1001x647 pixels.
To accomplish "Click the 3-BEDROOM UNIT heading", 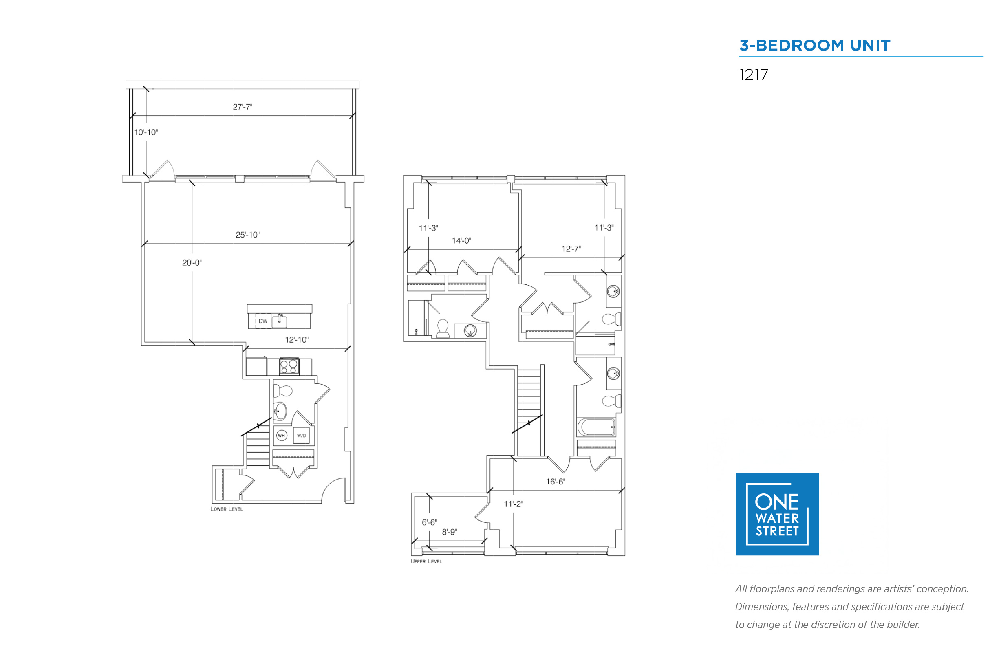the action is point(814,45).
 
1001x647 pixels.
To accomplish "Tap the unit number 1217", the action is point(753,75).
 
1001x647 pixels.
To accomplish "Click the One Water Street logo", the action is point(777,514).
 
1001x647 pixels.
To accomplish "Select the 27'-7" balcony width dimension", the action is point(243,107).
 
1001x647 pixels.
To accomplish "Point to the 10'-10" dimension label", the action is point(146,132).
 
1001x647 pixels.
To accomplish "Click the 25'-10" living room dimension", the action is point(247,235).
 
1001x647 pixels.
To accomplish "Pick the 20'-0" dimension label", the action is point(192,262).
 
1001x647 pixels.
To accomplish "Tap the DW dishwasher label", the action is point(263,321).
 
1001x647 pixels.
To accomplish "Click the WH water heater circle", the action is point(281,435).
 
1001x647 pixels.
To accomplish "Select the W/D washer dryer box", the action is point(302,435).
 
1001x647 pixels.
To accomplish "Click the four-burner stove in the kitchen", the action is point(289,366).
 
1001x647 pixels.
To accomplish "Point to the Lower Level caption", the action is point(227,509).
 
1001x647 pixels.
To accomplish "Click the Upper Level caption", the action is point(426,561).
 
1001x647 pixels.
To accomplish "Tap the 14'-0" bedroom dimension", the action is point(461,241).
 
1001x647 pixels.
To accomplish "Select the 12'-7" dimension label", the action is point(571,249).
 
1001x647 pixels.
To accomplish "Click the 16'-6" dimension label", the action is point(555,482).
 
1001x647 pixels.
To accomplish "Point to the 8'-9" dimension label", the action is point(449,532).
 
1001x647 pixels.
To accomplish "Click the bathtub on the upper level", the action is point(596,427).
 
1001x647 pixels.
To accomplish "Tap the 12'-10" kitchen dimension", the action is point(297,339).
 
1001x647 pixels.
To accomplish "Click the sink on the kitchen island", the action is point(280,321).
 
